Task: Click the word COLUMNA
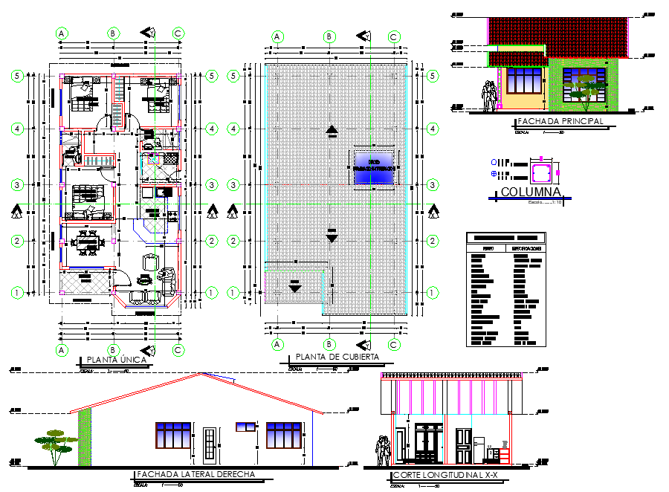(x=530, y=192)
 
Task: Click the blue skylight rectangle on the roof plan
(x=373, y=165)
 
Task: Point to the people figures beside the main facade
(x=489, y=97)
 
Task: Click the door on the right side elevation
(x=210, y=444)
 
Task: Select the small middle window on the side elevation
(x=245, y=427)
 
